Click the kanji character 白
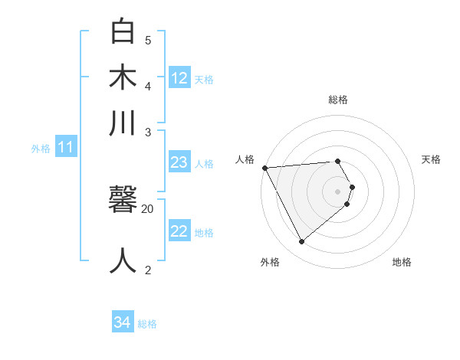(123, 33)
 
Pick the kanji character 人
(123, 260)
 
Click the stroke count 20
(148, 208)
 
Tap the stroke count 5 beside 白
(148, 40)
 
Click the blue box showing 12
(179, 78)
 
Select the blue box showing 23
(179, 162)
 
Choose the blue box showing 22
(179, 231)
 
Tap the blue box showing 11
(65, 147)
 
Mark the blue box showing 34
(122, 323)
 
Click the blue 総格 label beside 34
(147, 324)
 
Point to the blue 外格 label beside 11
(41, 149)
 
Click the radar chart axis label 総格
(338, 100)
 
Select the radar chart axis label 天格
(432, 159)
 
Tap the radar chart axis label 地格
(402, 262)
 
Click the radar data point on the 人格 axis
(264, 168)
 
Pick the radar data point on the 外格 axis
(302, 242)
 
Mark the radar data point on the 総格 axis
(338, 161)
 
